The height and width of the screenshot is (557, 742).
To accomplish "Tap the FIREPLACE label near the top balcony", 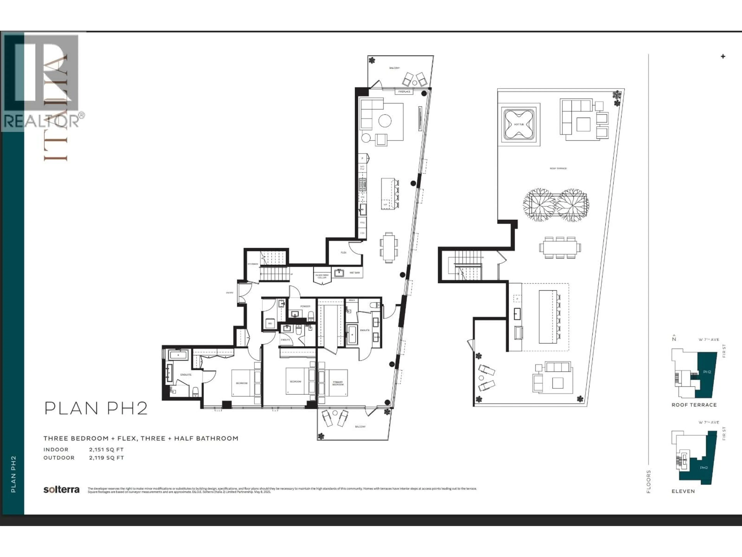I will [404, 91].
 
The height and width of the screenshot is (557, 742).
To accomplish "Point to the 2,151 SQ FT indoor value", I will [106, 449].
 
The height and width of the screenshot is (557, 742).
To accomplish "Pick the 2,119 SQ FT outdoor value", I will [106, 458].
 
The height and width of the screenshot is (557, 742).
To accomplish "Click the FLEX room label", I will [344, 252].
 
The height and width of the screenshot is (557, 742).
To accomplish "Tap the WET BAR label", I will [355, 273].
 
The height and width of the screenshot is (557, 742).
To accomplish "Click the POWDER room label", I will [305, 306].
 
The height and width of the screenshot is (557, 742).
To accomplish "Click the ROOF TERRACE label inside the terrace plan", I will [558, 168].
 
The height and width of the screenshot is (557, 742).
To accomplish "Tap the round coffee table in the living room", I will [385, 121].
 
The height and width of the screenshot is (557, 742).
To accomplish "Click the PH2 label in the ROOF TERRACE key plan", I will [707, 372].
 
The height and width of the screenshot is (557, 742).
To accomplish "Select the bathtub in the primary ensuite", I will [351, 334].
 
